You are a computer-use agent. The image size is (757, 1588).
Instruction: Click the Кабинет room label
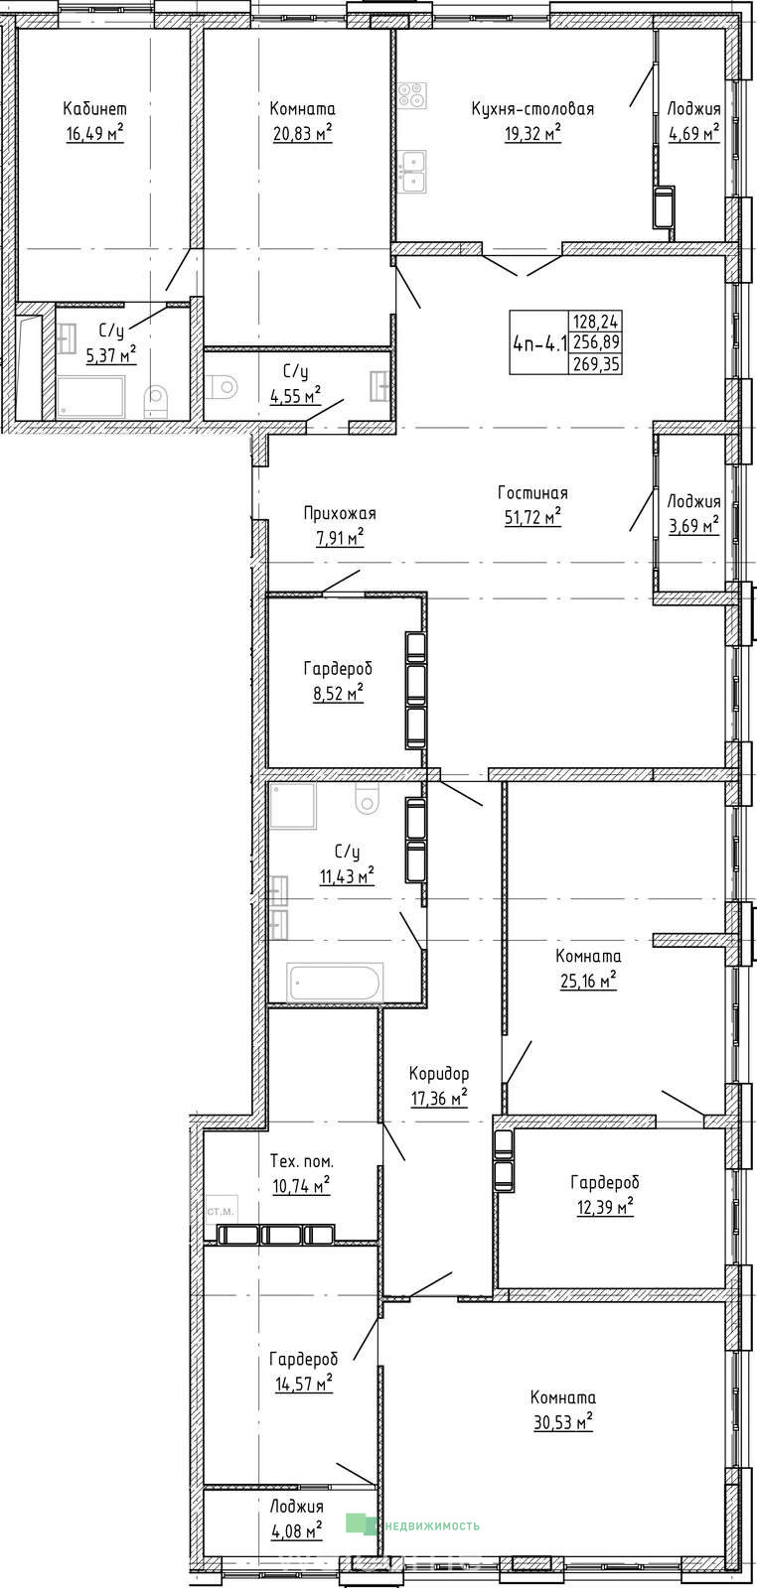coord(95,108)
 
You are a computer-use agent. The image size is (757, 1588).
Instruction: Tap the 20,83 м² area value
coord(303,133)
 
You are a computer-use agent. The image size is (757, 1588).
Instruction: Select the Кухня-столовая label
coord(532,108)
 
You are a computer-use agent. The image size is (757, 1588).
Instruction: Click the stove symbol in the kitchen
coord(412,95)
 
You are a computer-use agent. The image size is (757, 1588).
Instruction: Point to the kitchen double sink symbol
coord(412,171)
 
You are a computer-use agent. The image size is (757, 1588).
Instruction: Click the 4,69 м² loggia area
coord(693,133)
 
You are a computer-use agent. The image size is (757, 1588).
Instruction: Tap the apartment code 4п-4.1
coord(539,343)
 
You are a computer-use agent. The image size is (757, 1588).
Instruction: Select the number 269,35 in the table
coord(597,364)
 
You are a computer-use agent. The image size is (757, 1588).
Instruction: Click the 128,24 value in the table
coord(597,322)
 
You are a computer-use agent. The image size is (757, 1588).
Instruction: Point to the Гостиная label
coord(532,492)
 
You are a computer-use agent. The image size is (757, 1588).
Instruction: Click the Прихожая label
coord(340,513)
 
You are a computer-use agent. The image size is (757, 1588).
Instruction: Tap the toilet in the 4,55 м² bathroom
coord(225,386)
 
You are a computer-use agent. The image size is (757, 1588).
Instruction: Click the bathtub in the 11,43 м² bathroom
coord(335,983)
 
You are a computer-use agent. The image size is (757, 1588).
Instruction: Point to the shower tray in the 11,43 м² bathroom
coord(293,806)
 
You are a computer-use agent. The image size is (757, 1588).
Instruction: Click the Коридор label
coord(439,1073)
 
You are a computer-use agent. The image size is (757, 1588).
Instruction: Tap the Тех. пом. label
coord(302,1161)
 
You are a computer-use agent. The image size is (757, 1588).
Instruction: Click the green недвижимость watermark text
coord(431,1524)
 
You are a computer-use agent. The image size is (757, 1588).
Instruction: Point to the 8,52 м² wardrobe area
coord(339,693)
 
